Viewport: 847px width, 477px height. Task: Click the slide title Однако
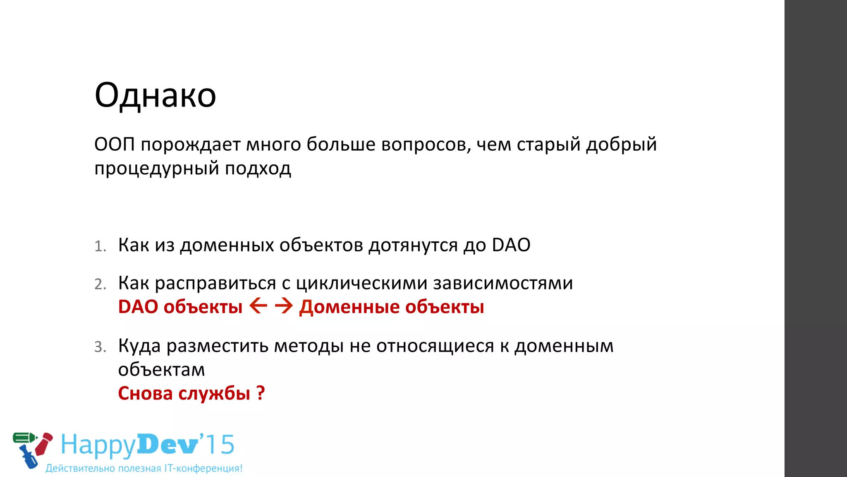(x=155, y=95)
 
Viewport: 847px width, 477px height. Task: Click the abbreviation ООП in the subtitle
(x=115, y=145)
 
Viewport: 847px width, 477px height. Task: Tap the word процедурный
(x=156, y=169)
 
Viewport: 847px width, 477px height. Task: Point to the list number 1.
(x=100, y=246)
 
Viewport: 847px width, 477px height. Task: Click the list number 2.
(x=100, y=284)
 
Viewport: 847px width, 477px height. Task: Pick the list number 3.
(x=100, y=347)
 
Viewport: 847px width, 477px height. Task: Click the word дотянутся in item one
(x=413, y=245)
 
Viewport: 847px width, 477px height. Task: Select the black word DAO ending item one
(x=511, y=245)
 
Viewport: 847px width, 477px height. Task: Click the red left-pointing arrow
(x=258, y=306)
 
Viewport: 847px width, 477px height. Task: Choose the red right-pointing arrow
(x=284, y=306)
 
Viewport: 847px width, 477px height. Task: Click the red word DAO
(x=138, y=307)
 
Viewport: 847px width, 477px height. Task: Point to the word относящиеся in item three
(x=435, y=346)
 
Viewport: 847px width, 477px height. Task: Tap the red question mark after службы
(x=260, y=393)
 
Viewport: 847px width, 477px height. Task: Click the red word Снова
(x=145, y=393)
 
